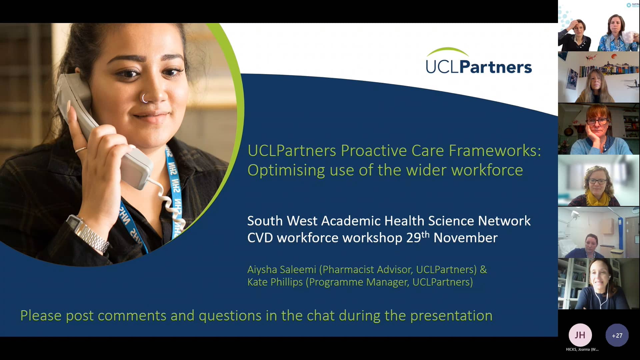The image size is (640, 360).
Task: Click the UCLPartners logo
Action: pyautogui.click(x=479, y=62)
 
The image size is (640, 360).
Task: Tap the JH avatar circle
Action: pyautogui.click(x=580, y=335)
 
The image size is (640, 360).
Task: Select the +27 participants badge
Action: pyautogui.click(x=617, y=335)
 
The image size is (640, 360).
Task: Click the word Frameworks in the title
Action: pyautogui.click(x=495, y=151)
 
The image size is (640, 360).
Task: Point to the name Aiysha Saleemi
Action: pyautogui.click(x=282, y=269)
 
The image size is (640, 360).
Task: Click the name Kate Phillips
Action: pyautogui.click(x=275, y=282)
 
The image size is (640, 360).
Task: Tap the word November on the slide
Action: pyautogui.click(x=465, y=238)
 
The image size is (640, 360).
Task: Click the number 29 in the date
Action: pyautogui.click(x=413, y=238)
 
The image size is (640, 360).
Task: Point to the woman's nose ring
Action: pyautogui.click(x=144, y=98)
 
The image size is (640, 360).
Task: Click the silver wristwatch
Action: pyautogui.click(x=88, y=233)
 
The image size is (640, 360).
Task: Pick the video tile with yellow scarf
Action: pyautogui.click(x=599, y=181)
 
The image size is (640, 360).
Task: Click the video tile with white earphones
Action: pyautogui.click(x=599, y=284)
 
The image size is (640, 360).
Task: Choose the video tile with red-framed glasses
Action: pyautogui.click(x=599, y=129)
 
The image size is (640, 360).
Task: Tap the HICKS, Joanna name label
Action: pyautogui.click(x=582, y=349)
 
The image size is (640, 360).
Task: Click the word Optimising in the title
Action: pyautogui.click(x=286, y=170)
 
